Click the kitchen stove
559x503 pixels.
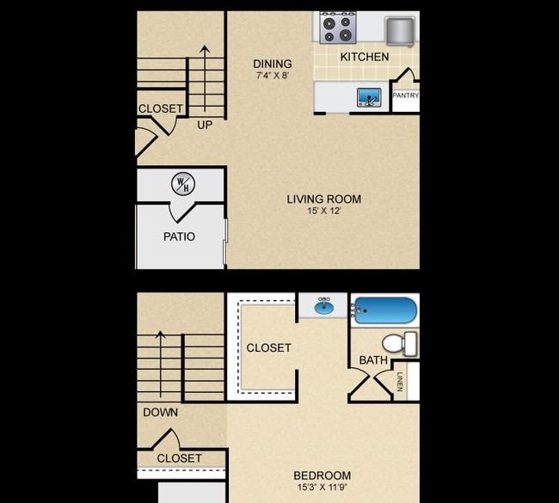[x=338, y=28]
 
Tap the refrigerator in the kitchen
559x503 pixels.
[x=400, y=32]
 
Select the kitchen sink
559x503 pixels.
[x=369, y=97]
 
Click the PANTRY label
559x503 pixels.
[x=405, y=95]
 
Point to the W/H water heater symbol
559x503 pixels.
[x=183, y=184]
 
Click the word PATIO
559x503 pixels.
[x=179, y=236]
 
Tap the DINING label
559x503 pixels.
[x=273, y=64]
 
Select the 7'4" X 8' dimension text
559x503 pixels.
[x=273, y=76]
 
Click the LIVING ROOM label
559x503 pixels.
[x=324, y=199]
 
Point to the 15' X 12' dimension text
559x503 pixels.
[x=324, y=211]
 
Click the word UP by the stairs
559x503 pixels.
[x=205, y=125]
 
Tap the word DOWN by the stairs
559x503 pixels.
[x=161, y=413]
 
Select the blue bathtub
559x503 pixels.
[x=385, y=310]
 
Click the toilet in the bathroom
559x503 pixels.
[x=399, y=344]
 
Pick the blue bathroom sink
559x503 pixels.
[x=324, y=307]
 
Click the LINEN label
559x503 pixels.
[x=400, y=382]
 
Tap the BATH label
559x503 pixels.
[x=373, y=360]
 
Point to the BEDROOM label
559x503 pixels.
[x=322, y=475]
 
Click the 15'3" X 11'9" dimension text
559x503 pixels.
[x=322, y=487]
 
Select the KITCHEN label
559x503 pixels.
[x=365, y=57]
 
